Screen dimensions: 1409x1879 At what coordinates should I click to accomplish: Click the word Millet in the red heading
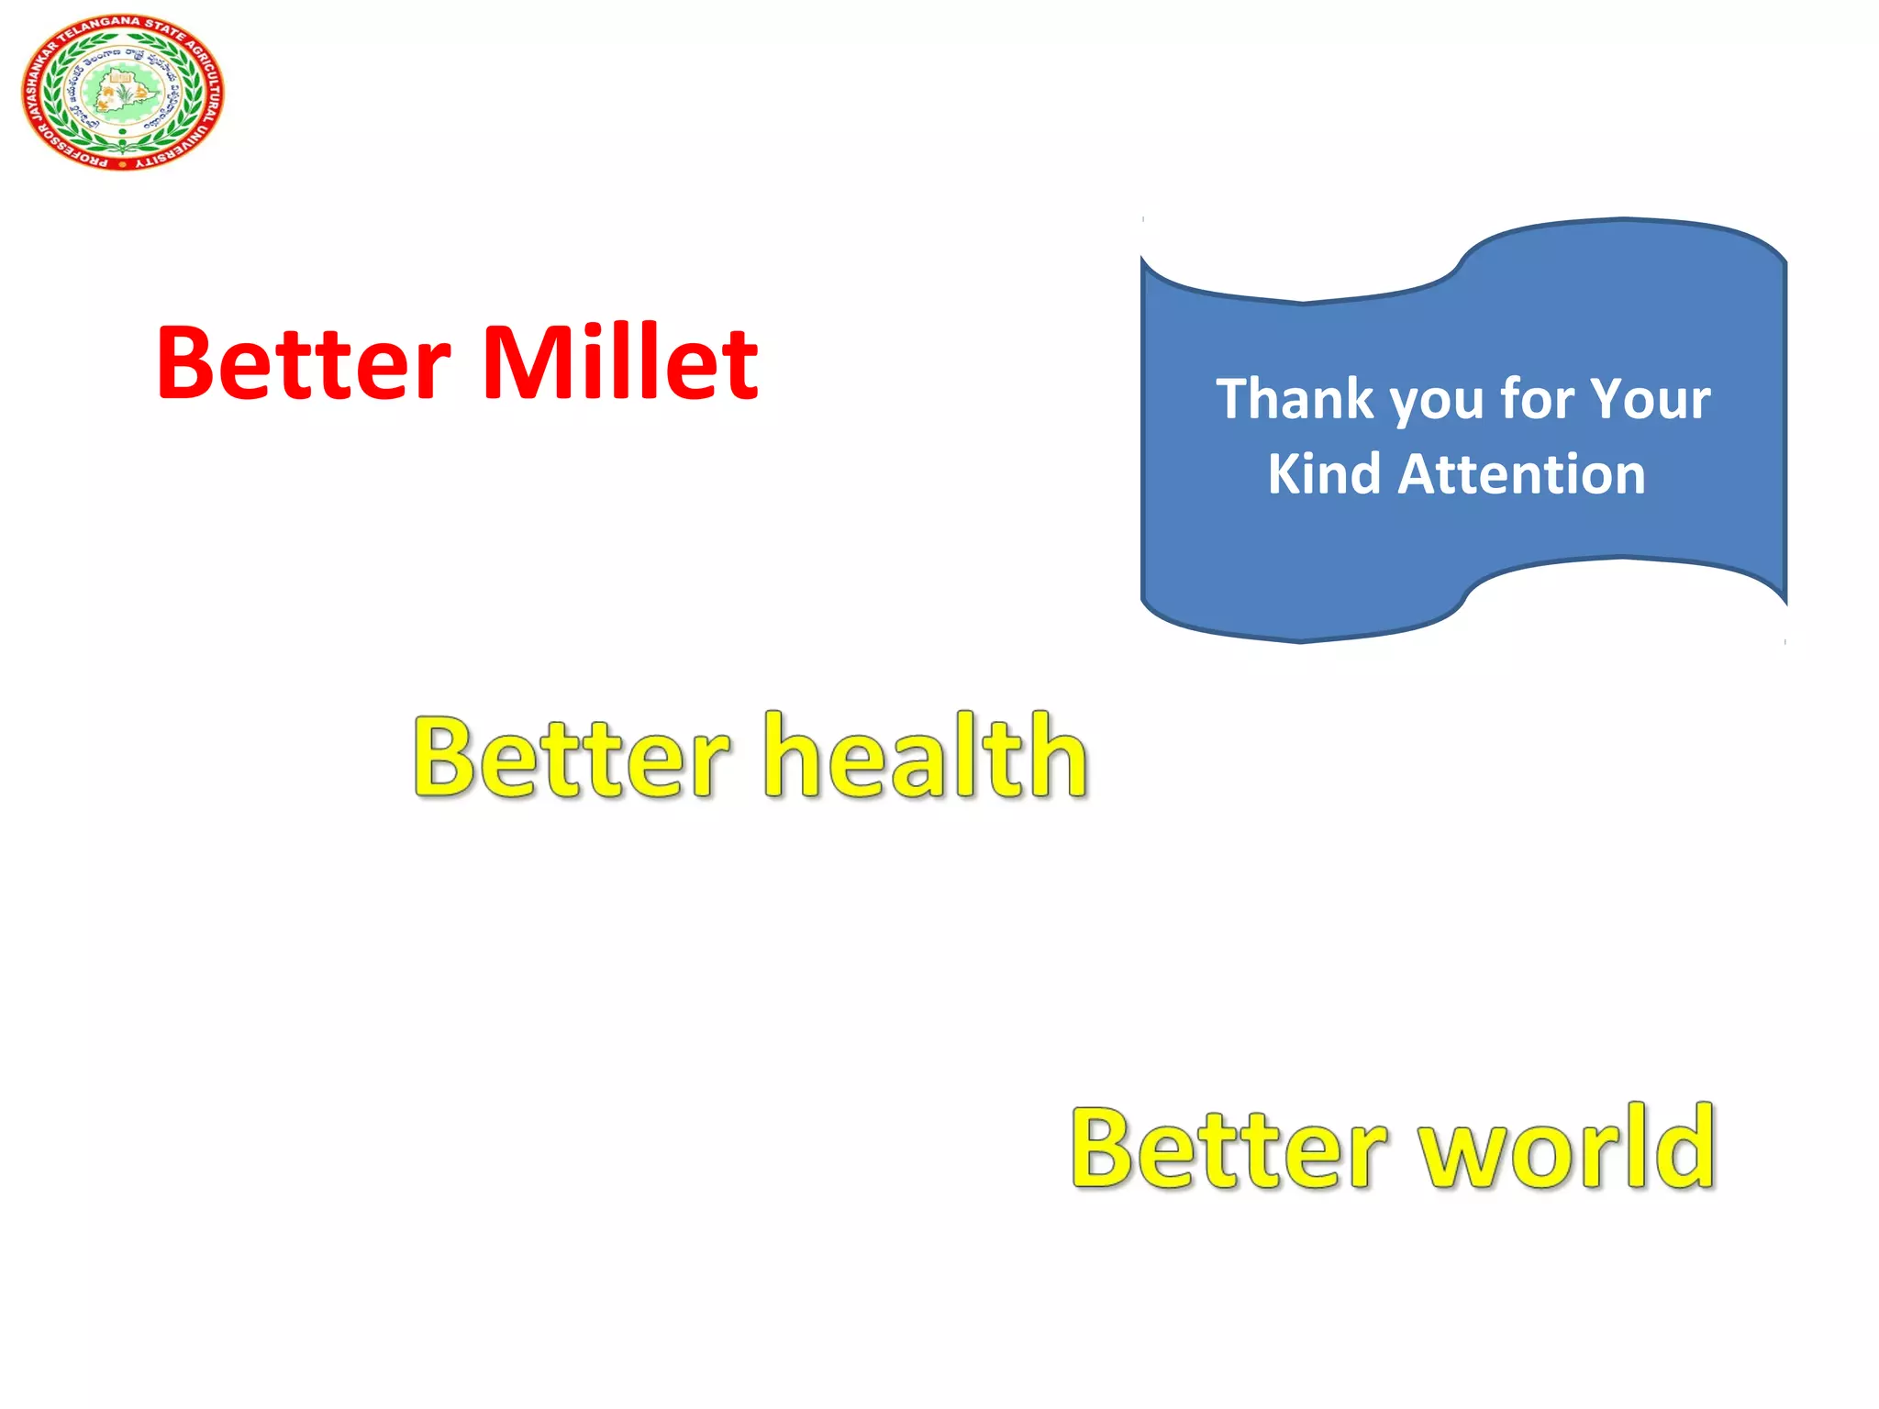coord(620,363)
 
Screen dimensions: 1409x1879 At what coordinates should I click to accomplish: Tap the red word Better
coord(304,363)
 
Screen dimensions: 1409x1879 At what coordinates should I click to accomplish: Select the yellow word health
coord(927,757)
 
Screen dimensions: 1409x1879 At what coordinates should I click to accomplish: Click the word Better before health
coord(572,757)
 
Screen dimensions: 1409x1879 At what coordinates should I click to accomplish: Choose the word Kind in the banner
coord(1323,474)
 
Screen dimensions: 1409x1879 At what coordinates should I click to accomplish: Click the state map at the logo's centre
coord(121,92)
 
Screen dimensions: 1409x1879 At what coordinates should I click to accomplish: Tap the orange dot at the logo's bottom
coord(122,164)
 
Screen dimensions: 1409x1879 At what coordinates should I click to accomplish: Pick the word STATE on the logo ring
coord(165,29)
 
